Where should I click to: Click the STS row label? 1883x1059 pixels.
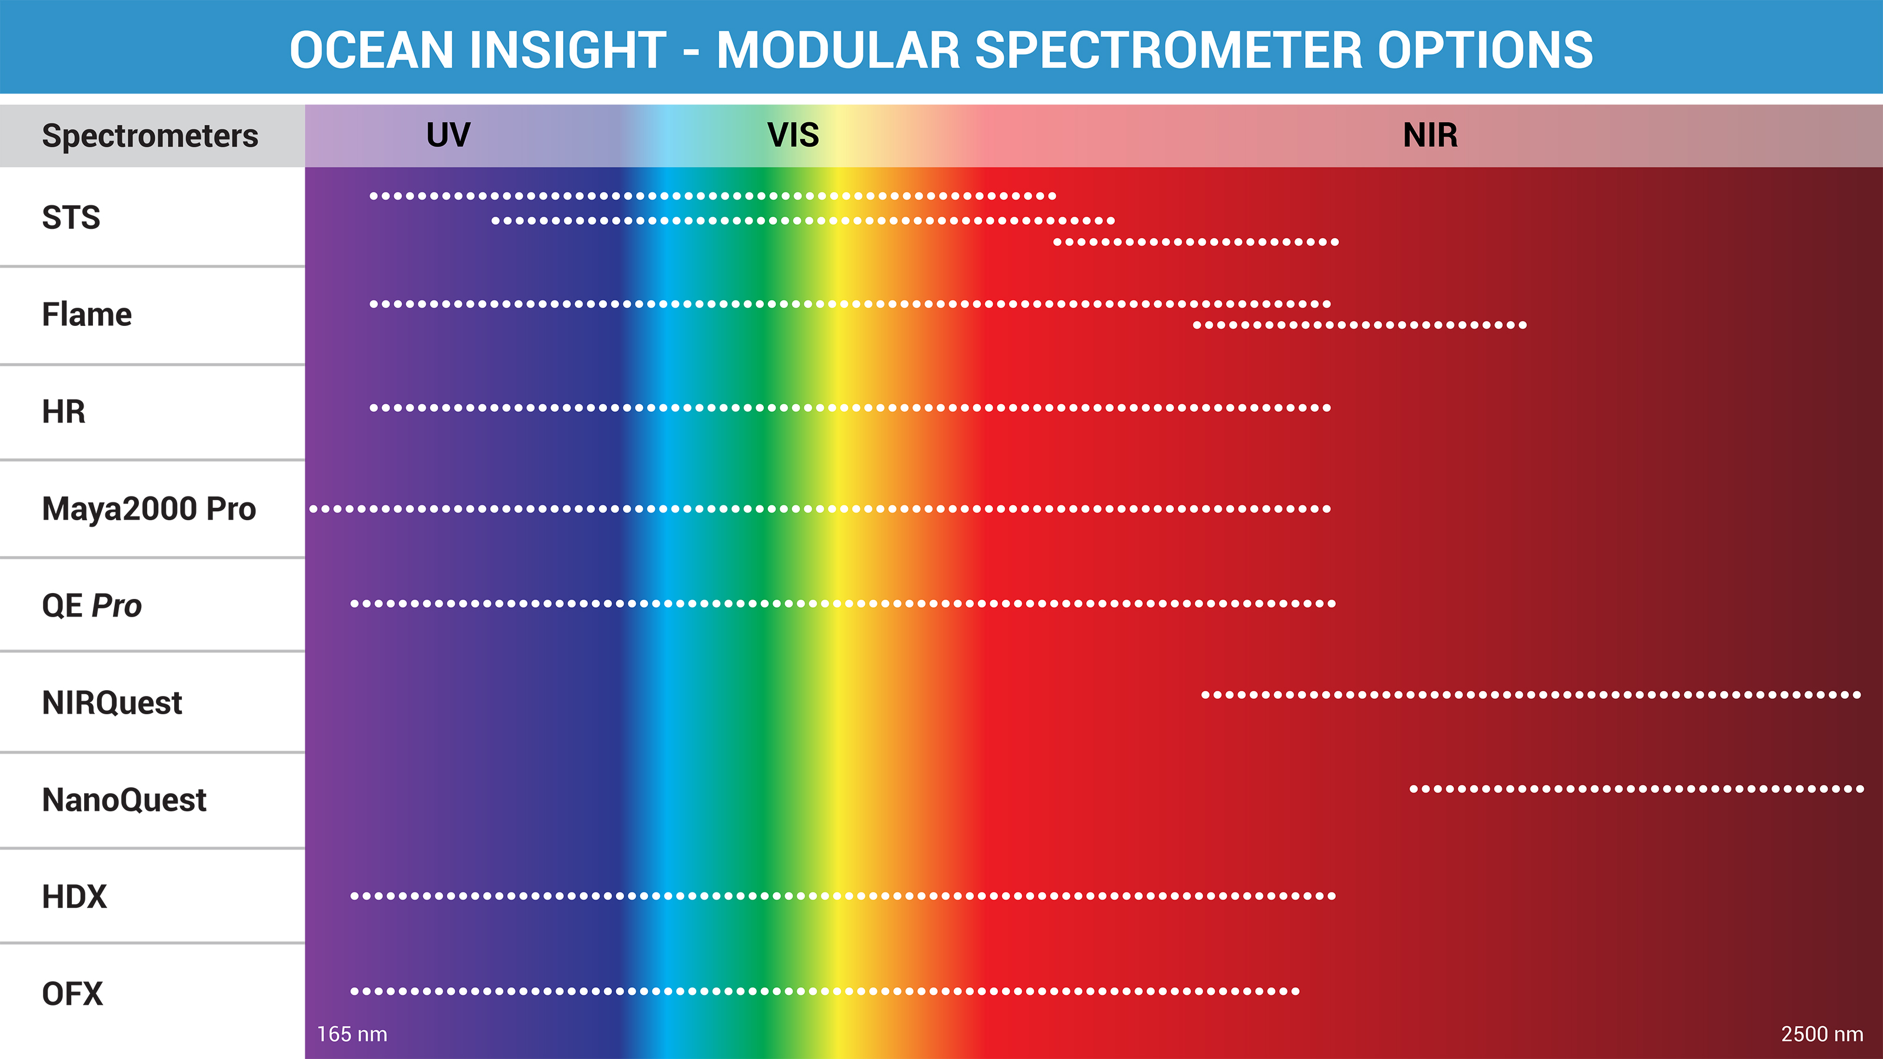[x=71, y=217]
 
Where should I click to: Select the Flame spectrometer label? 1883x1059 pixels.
[x=87, y=314]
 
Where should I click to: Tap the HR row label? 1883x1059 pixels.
[x=64, y=411]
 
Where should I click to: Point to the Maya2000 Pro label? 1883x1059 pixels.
[x=149, y=509]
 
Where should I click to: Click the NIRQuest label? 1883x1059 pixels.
[x=112, y=702]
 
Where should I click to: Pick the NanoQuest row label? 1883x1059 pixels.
[x=124, y=800]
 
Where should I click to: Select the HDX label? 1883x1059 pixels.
[x=75, y=897]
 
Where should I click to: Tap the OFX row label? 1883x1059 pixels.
[x=72, y=994]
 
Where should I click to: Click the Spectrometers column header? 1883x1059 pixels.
[x=150, y=136]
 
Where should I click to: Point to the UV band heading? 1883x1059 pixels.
[x=448, y=135]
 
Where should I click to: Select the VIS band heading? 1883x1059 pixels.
[x=793, y=135]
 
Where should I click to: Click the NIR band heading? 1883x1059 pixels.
[x=1430, y=135]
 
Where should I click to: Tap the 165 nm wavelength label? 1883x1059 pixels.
[x=352, y=1034]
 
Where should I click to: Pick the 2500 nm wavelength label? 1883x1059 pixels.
[x=1822, y=1034]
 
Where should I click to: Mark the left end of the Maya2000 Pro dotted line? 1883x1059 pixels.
[x=314, y=509]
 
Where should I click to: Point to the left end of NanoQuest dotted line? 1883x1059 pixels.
[x=1413, y=788]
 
